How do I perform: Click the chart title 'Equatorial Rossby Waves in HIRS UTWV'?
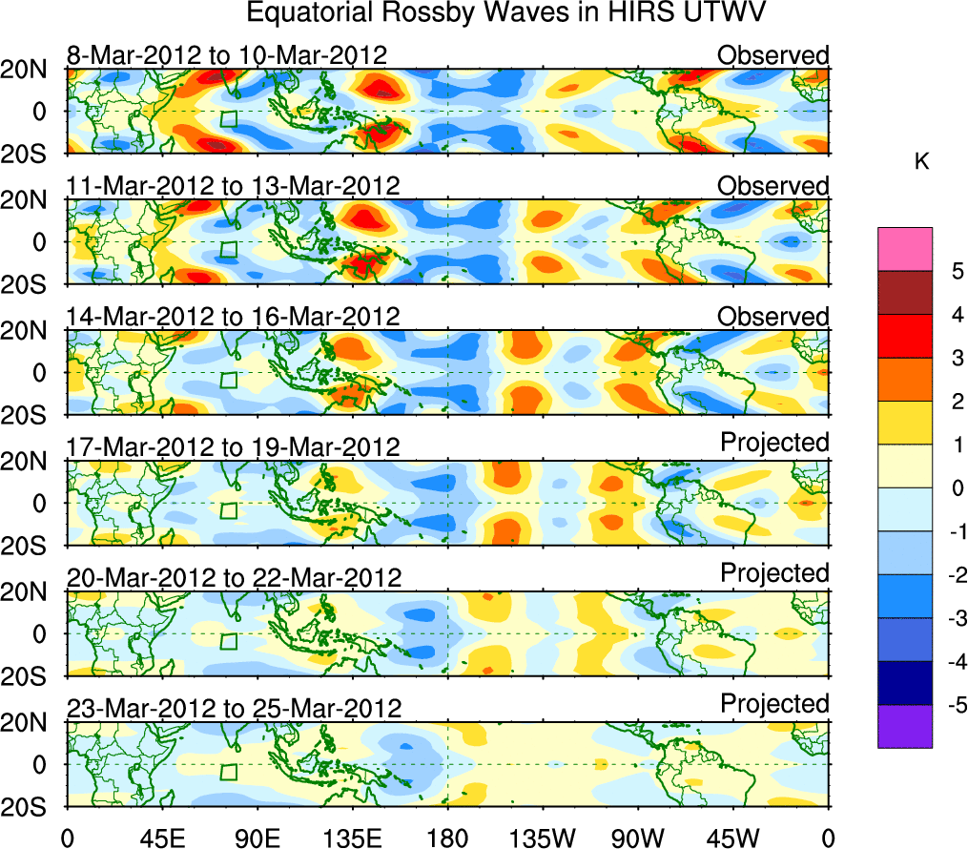[x=506, y=13]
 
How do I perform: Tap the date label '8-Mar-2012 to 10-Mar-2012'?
[x=227, y=54]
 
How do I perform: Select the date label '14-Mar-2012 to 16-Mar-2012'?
[x=233, y=316]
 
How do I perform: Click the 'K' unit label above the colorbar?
[x=921, y=163]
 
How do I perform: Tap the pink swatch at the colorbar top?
[x=904, y=250]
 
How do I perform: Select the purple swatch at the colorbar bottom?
[x=904, y=727]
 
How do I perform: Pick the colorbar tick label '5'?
[x=956, y=272]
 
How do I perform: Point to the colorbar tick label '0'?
[x=956, y=488]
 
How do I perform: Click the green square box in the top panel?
[x=228, y=119]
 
